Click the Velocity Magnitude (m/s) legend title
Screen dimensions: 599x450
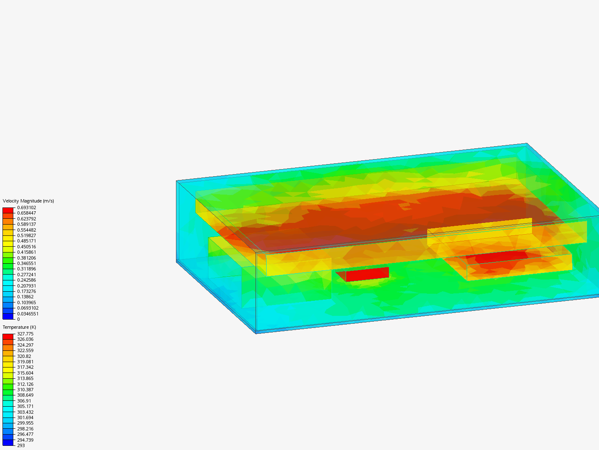pyautogui.click(x=28, y=201)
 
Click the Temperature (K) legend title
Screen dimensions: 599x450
pyautogui.click(x=20, y=327)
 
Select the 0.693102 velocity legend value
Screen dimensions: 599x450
pyautogui.click(x=27, y=207)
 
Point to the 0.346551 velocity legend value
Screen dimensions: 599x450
pyautogui.click(x=27, y=263)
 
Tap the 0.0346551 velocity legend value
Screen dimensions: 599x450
pyautogui.click(x=28, y=314)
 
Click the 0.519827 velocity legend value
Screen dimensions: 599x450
pyautogui.click(x=27, y=235)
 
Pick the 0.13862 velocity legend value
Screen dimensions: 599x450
pyautogui.click(x=25, y=297)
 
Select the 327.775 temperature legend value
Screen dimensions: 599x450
pyautogui.click(x=25, y=334)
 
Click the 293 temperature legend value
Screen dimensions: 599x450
pyautogui.click(x=21, y=445)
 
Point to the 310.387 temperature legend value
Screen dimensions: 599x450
pyautogui.click(x=25, y=390)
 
